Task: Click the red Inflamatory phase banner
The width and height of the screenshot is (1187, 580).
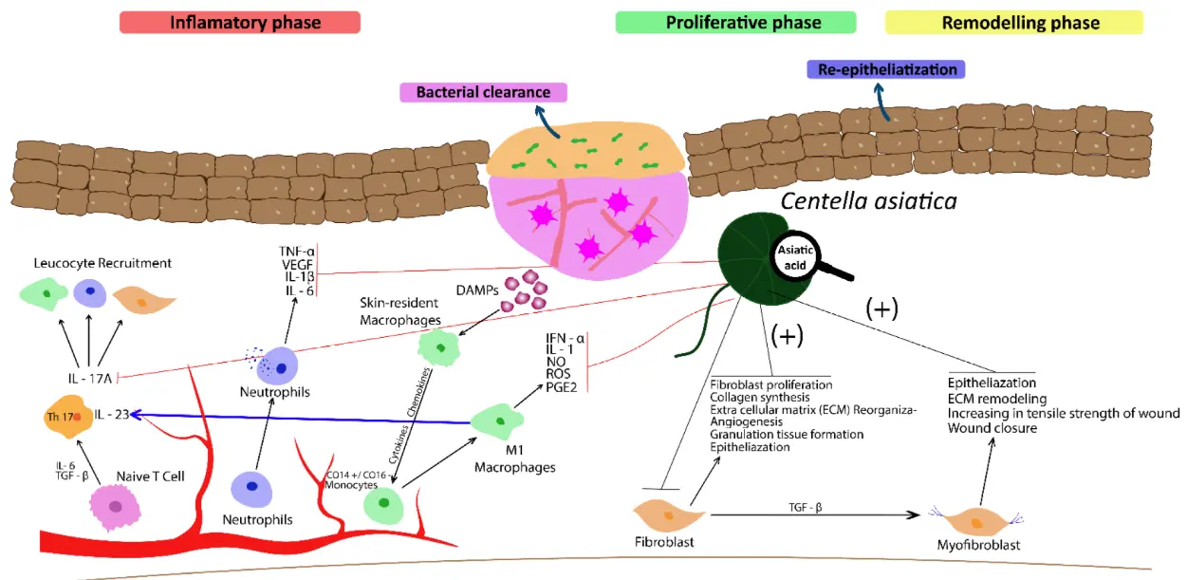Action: tap(239, 23)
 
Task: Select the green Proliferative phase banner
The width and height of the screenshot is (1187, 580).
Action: tap(735, 23)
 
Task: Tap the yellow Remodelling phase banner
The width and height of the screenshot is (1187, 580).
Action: tap(1013, 23)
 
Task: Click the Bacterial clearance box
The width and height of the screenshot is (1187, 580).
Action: tap(484, 92)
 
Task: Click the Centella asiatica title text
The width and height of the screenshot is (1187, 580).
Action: tap(869, 201)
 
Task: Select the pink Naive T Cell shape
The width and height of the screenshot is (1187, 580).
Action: tap(115, 507)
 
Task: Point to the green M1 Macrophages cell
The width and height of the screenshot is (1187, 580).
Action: tap(497, 420)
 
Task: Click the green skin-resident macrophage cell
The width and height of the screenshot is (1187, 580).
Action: tap(438, 347)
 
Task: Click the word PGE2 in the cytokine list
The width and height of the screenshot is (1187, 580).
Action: tap(560, 386)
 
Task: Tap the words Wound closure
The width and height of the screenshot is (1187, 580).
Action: tap(992, 428)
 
